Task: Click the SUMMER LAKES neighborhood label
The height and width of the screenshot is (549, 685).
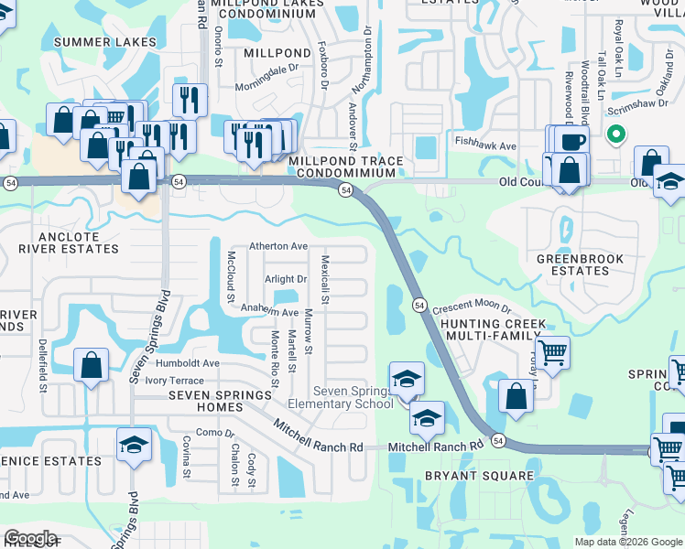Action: pos(104,42)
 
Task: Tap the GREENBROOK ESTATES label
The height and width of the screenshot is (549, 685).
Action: pos(580,264)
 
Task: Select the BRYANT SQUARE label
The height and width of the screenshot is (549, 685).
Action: pos(478,476)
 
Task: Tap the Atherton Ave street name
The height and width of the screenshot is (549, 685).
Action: pos(279,246)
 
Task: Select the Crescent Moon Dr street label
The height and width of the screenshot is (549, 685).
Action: pos(471,309)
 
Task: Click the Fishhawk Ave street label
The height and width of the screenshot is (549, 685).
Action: pos(486,145)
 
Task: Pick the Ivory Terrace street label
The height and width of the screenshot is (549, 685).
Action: pos(175,380)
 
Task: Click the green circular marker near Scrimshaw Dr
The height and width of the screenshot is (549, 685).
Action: pos(616,135)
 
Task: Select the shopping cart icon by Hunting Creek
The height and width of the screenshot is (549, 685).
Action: pos(552,351)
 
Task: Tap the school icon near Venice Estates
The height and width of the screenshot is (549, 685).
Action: pos(134,445)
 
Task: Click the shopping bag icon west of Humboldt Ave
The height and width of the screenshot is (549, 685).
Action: pos(92,365)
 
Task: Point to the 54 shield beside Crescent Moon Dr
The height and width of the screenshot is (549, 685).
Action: pos(419,305)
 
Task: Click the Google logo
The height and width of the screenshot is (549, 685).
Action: pos(29,539)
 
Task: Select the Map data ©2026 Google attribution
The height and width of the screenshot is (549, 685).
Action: pos(628,542)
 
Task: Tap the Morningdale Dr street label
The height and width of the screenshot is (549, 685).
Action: pos(268,68)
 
